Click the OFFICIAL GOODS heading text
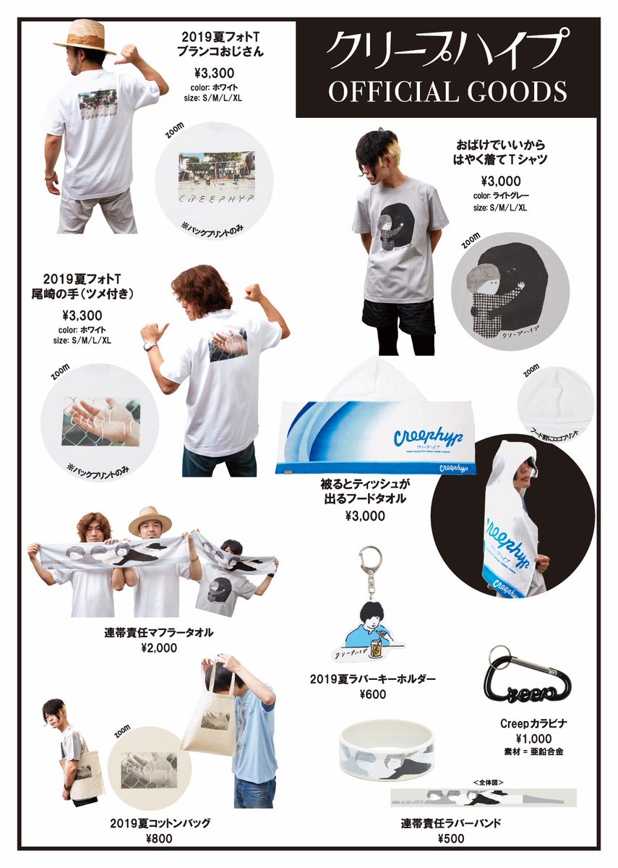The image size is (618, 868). [x=447, y=91]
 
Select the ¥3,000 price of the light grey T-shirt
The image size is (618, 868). [x=500, y=181]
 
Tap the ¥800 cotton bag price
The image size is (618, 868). [x=159, y=839]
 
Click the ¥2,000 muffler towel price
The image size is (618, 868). [x=160, y=648]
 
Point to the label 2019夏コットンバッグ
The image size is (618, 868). [x=159, y=824]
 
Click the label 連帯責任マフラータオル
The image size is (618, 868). [x=160, y=633]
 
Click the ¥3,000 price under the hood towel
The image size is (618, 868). [x=365, y=516]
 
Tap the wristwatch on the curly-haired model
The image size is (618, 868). [x=149, y=346]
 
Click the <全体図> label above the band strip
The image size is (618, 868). [x=483, y=783]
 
